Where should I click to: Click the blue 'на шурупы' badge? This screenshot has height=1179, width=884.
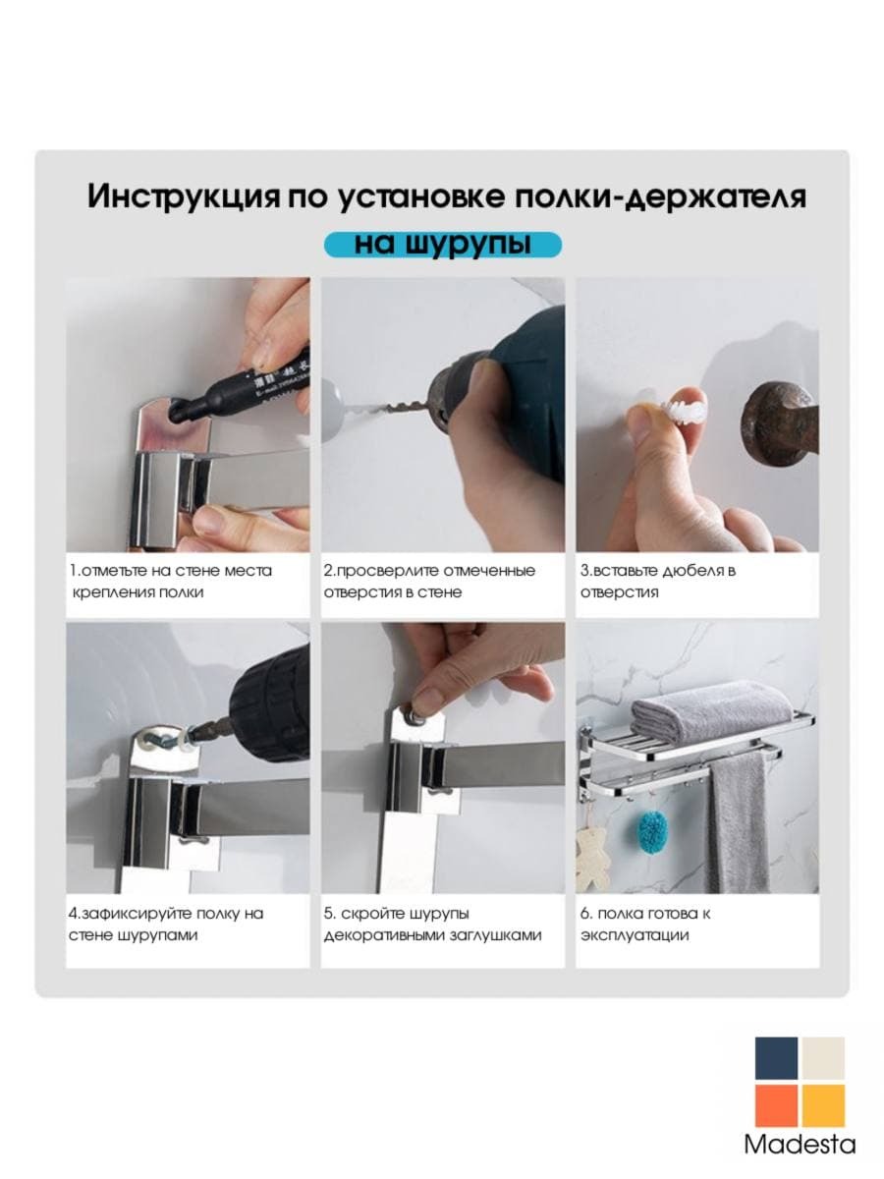coord(443,245)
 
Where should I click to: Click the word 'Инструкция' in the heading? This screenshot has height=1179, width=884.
coord(184,197)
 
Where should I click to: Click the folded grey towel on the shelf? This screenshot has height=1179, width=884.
coord(713,709)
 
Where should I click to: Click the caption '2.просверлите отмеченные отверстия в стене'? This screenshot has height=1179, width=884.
coord(429,582)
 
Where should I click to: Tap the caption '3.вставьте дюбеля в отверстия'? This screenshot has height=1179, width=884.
coord(658,582)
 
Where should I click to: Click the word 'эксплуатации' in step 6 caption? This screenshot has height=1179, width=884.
coord(634,935)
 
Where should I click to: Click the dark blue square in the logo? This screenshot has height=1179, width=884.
coord(776,1059)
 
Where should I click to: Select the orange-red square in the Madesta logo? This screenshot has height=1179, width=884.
coord(776,1106)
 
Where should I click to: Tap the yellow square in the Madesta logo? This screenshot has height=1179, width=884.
coord(823,1106)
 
